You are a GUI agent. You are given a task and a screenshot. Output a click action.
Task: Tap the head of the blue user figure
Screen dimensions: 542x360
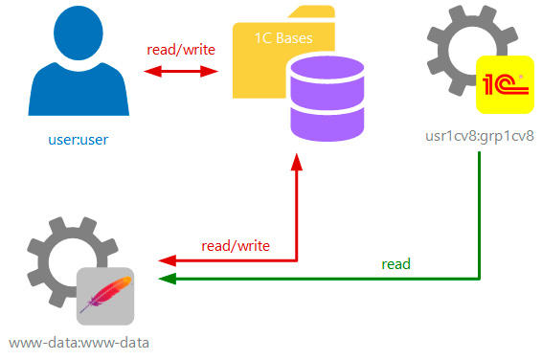[79, 33]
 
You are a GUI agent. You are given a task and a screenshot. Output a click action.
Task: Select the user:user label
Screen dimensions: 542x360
[79, 140]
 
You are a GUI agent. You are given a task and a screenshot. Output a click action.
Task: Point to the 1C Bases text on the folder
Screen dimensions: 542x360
[283, 38]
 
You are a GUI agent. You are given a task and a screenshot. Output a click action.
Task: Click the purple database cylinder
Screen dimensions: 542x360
[327, 100]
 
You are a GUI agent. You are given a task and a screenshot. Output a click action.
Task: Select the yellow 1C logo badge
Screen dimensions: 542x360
[505, 84]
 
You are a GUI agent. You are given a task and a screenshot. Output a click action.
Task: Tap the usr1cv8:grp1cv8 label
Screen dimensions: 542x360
[480, 136]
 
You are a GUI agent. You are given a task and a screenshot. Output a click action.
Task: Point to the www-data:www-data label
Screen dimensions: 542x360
[79, 343]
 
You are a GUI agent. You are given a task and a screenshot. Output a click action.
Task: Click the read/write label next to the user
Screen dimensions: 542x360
[181, 50]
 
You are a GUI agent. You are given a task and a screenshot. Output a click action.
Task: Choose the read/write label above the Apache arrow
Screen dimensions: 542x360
[236, 246]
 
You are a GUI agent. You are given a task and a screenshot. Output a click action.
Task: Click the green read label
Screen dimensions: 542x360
[395, 264]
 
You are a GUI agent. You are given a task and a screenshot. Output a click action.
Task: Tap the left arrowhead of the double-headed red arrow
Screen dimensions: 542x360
[152, 72]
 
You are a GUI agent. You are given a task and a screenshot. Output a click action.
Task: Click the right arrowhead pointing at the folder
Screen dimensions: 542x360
[210, 72]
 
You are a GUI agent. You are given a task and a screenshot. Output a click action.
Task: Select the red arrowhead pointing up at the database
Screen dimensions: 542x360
[297, 162]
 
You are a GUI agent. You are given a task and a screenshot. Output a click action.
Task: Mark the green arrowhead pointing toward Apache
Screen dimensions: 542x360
[168, 279]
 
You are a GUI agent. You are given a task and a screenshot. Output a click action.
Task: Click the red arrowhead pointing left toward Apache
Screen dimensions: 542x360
[168, 260]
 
